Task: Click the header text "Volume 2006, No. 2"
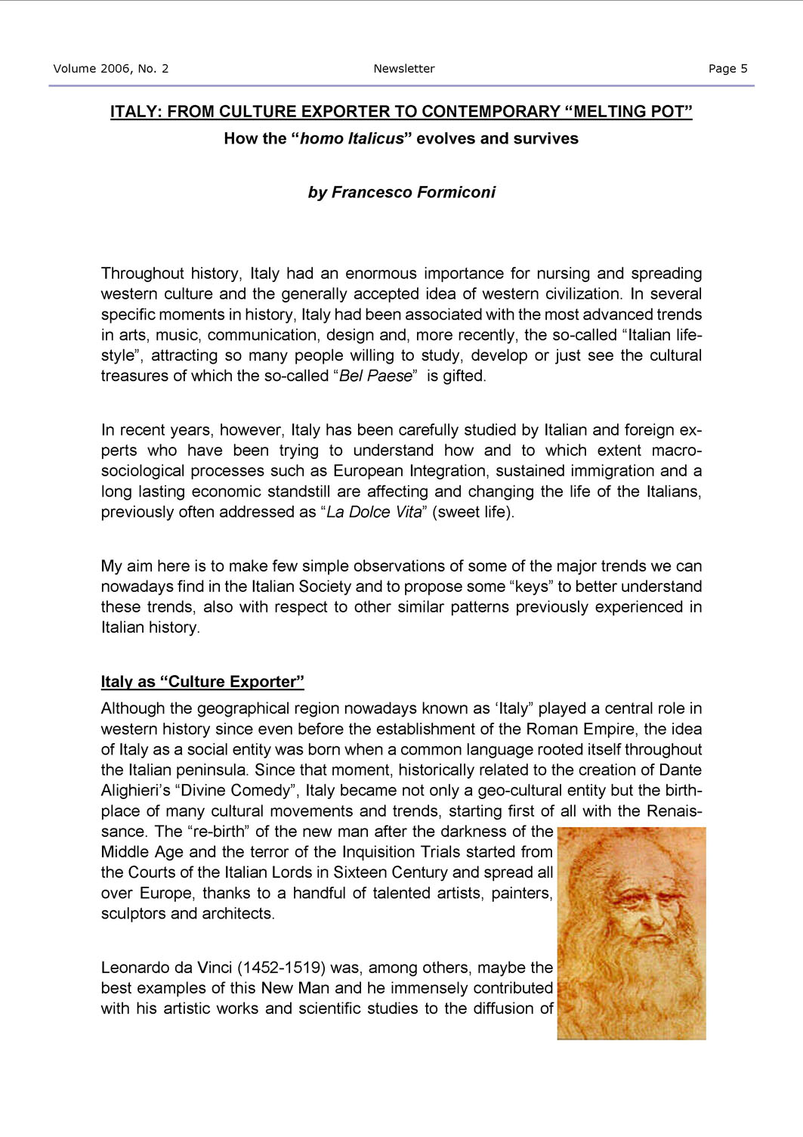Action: tap(111, 69)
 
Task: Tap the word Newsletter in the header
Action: tap(404, 69)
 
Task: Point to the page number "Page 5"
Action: tap(727, 69)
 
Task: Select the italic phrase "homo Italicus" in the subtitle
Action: tap(352, 139)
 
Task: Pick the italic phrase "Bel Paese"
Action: tap(376, 376)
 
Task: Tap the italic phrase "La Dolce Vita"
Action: tap(374, 513)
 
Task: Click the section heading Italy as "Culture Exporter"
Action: tap(202, 682)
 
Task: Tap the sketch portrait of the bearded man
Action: tap(632, 934)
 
